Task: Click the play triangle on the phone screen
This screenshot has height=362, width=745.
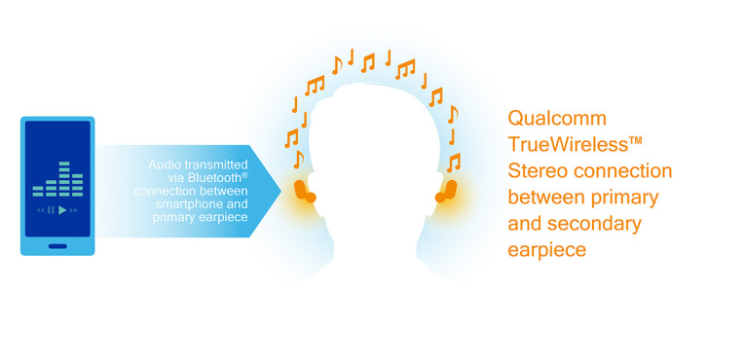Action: [x=61, y=210]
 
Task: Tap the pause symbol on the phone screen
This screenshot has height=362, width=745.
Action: [x=51, y=210]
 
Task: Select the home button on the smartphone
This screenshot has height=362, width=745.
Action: [x=57, y=245]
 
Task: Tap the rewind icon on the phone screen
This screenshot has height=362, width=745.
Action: [x=41, y=210]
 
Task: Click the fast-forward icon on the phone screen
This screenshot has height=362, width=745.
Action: [x=73, y=210]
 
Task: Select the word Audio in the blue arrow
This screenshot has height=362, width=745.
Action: [x=167, y=164]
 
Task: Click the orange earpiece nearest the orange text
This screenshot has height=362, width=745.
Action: [x=447, y=190]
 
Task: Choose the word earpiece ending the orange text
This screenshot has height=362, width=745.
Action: [x=546, y=250]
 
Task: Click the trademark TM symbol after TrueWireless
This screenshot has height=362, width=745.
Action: [x=636, y=142]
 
